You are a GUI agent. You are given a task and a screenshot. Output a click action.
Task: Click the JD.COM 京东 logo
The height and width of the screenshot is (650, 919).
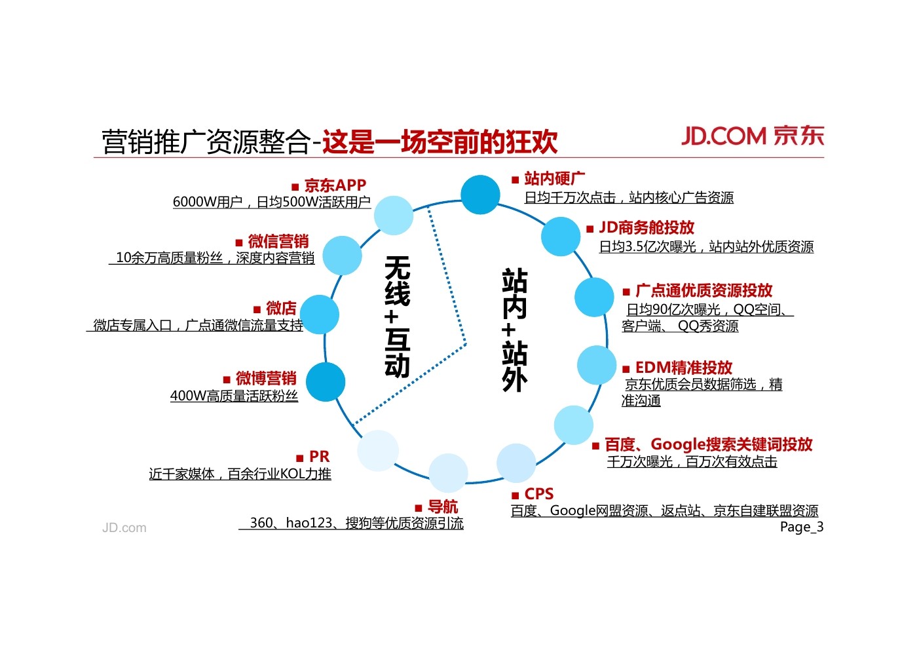(752, 136)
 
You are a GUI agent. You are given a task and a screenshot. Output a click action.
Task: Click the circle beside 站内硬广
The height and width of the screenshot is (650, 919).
(480, 195)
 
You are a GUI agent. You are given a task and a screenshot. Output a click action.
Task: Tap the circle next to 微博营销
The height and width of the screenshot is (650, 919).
(326, 381)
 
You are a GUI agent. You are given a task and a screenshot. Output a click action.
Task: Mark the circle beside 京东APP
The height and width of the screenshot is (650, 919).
(394, 215)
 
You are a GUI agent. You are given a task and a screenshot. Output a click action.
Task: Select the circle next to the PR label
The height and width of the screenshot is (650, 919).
(378, 451)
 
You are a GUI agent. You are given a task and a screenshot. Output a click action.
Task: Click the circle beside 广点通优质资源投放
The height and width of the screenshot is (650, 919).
(594, 297)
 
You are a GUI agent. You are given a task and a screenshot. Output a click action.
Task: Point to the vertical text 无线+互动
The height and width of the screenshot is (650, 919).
(397, 316)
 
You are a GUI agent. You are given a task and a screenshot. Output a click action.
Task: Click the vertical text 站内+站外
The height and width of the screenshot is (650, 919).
(514, 330)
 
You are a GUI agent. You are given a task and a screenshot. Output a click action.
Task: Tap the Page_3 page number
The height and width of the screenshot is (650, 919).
(801, 527)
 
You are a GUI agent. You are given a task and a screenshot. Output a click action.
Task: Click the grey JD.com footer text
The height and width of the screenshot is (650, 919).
(124, 527)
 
